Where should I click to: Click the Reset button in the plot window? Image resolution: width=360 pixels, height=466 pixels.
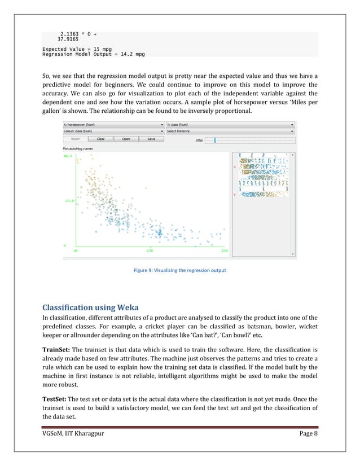tap(76, 138)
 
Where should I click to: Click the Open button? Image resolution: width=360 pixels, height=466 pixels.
tap(126, 138)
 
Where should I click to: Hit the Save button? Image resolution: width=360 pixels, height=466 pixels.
tap(151, 138)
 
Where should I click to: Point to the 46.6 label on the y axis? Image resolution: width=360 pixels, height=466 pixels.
tap(68, 157)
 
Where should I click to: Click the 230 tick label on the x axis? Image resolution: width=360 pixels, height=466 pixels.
tap(225, 250)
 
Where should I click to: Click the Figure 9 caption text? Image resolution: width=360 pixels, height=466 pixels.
tap(179, 270)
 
